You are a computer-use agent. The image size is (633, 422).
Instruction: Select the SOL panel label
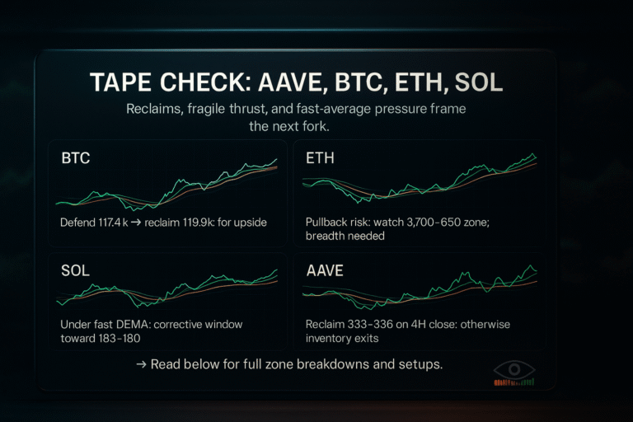[x=75, y=270]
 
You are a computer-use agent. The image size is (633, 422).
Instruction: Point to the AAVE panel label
[x=325, y=270]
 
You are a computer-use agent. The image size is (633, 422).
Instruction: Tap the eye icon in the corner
[x=513, y=371]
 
